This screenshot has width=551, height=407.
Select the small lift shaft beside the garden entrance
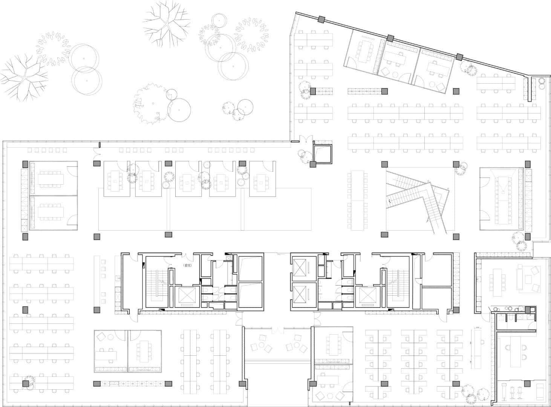click(x=323, y=153)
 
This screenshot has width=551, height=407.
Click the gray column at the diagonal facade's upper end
click(x=321, y=20)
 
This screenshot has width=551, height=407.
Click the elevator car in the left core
click(x=185, y=296)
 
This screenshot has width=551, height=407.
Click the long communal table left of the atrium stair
click(x=357, y=200)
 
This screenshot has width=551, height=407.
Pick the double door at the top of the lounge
click(x=277, y=330)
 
